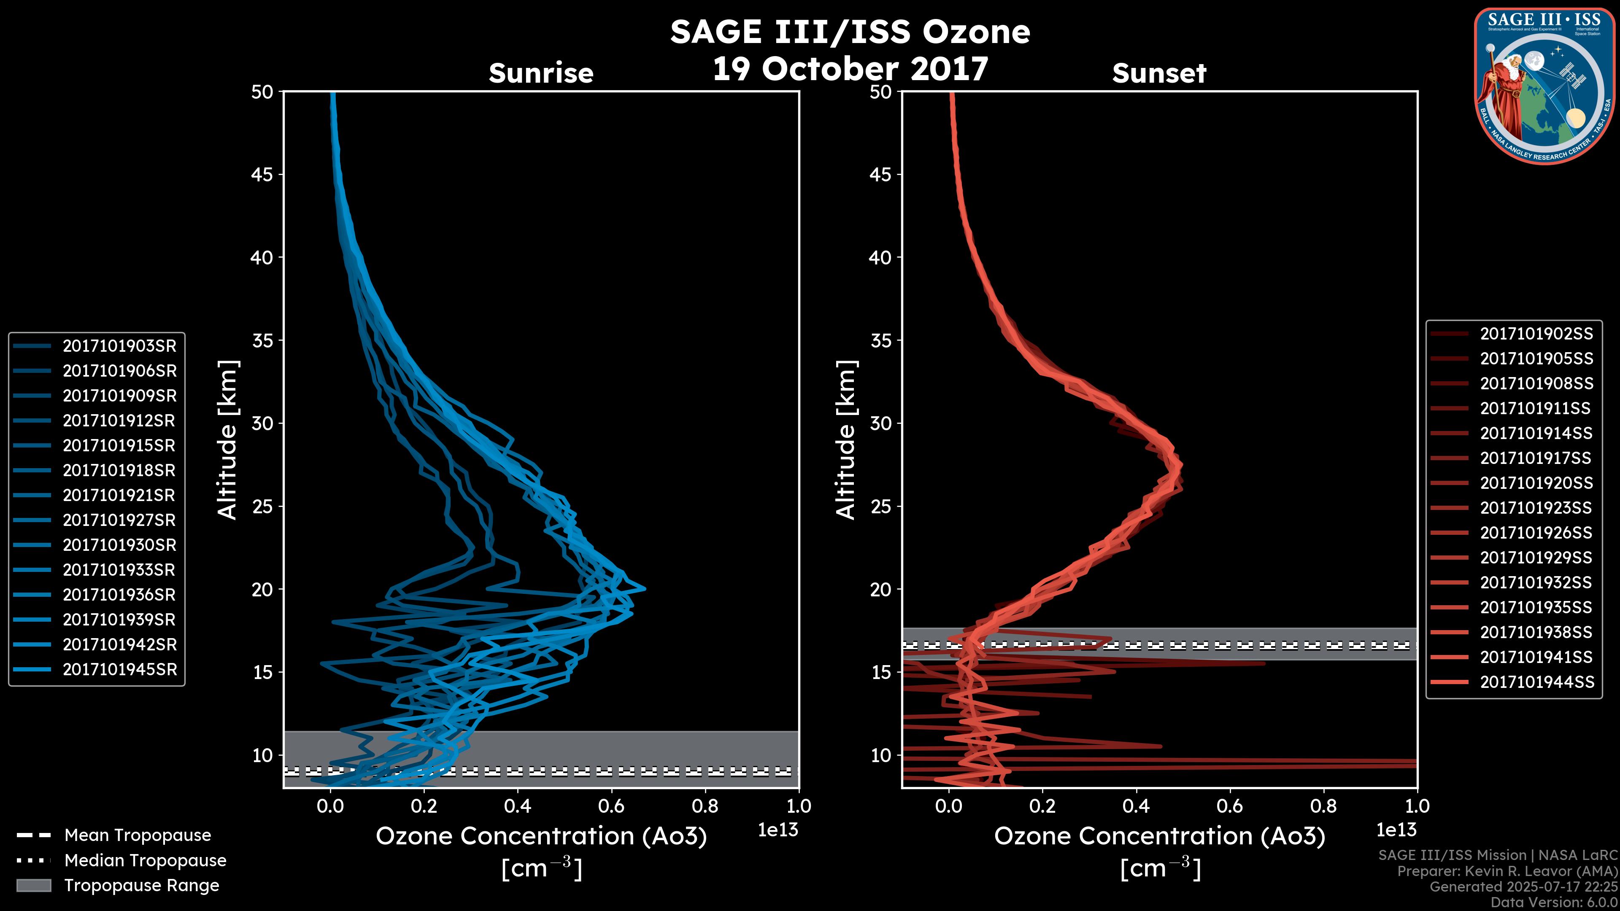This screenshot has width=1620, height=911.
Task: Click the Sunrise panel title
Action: [541, 73]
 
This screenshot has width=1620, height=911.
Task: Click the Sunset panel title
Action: [1159, 73]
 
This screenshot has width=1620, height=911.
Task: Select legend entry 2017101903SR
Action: [119, 346]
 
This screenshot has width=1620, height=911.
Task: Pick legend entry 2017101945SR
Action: [119, 670]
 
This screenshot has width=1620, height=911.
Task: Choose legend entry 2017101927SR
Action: [119, 520]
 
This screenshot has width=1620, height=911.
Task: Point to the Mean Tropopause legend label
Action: [138, 836]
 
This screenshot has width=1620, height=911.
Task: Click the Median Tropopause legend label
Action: [145, 861]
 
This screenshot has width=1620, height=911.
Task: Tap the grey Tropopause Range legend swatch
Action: [33, 886]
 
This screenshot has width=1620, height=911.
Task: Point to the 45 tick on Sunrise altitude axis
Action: [262, 175]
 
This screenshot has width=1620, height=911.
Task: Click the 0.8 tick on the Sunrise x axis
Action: [705, 806]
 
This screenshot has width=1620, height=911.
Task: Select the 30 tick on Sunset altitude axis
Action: [880, 424]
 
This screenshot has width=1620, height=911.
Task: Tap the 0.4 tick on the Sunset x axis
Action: [1136, 806]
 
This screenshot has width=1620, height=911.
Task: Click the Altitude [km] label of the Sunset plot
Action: [846, 440]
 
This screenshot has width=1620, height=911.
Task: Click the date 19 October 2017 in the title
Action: [850, 68]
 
